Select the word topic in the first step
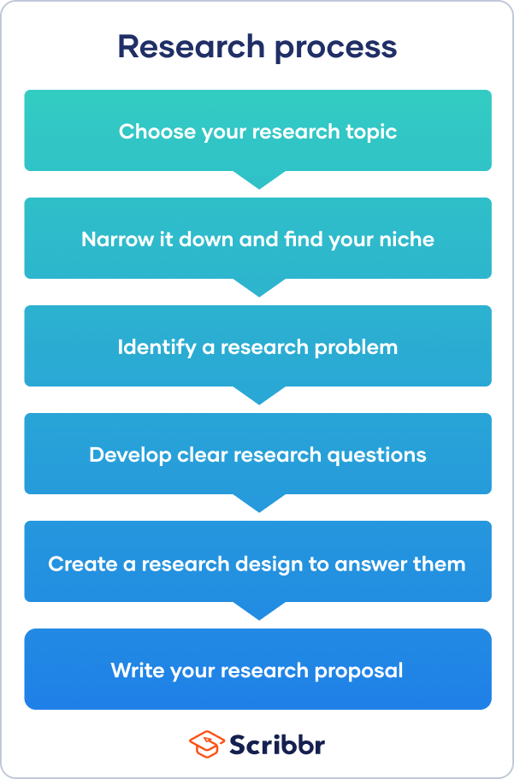(x=369, y=133)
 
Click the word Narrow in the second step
(x=112, y=239)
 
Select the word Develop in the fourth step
(x=125, y=455)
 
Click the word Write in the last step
(x=135, y=670)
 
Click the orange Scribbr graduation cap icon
(x=206, y=744)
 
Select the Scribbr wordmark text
(x=277, y=744)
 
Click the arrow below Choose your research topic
(x=258, y=180)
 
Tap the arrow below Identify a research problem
(x=258, y=395)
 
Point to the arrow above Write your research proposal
(x=258, y=611)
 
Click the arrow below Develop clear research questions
(x=258, y=503)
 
